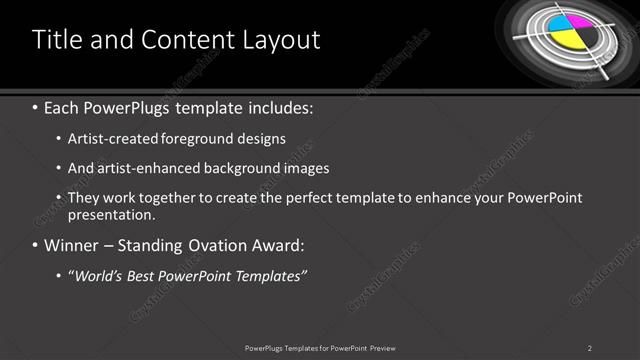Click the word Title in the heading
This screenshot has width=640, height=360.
coord(56,40)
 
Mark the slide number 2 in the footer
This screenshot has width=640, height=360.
coord(590,347)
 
